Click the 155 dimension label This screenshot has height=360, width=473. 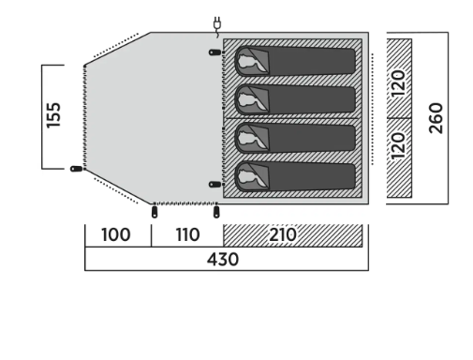pyautogui.click(x=53, y=115)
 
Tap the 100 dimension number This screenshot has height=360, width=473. pyautogui.click(x=116, y=234)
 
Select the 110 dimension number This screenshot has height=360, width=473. pyautogui.click(x=187, y=234)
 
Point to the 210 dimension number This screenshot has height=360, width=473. pyautogui.click(x=283, y=234)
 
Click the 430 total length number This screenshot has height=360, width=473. pyautogui.click(x=223, y=260)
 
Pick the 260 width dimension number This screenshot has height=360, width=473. pyautogui.click(x=436, y=118)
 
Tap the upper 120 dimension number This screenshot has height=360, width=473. pyautogui.click(x=398, y=83)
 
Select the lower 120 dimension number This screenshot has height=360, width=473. pyautogui.click(x=398, y=146)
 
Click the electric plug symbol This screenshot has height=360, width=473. pyautogui.click(x=217, y=26)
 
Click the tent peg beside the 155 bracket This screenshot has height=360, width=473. pyautogui.click(x=77, y=169)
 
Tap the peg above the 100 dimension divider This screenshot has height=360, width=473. pyautogui.click(x=155, y=212)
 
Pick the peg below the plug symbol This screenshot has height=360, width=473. pyautogui.click(x=214, y=52)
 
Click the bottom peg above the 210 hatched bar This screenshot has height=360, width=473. pyautogui.click(x=216, y=212)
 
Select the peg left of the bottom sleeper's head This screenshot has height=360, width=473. pyautogui.click(x=214, y=185)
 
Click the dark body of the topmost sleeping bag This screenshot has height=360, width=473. pyautogui.click(x=312, y=61)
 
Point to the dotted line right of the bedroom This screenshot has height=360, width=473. pyautogui.click(x=372, y=109)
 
